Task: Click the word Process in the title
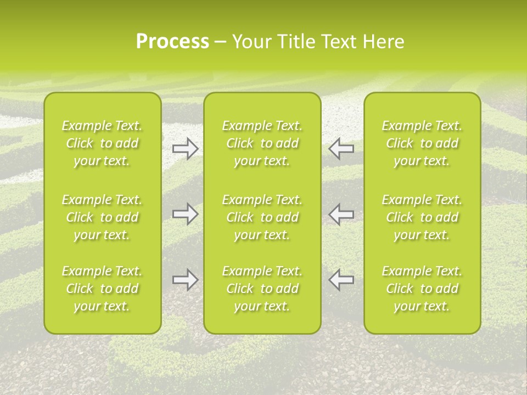tap(172, 42)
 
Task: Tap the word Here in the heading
tap(383, 42)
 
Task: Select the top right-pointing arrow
tap(185, 148)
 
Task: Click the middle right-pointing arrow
tap(185, 214)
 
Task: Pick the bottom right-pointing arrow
tap(185, 280)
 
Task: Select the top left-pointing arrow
tap(341, 148)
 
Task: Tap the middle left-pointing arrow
tap(341, 214)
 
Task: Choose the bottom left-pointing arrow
tap(341, 280)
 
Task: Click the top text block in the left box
tap(102, 143)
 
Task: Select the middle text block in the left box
tap(102, 217)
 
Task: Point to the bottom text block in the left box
tap(102, 289)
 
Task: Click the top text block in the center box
tap(262, 143)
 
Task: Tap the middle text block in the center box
tap(262, 217)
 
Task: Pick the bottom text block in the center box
tap(262, 289)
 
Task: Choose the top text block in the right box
tap(422, 143)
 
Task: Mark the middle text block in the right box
tap(422, 217)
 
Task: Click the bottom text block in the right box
tap(422, 289)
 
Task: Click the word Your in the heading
tap(251, 42)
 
